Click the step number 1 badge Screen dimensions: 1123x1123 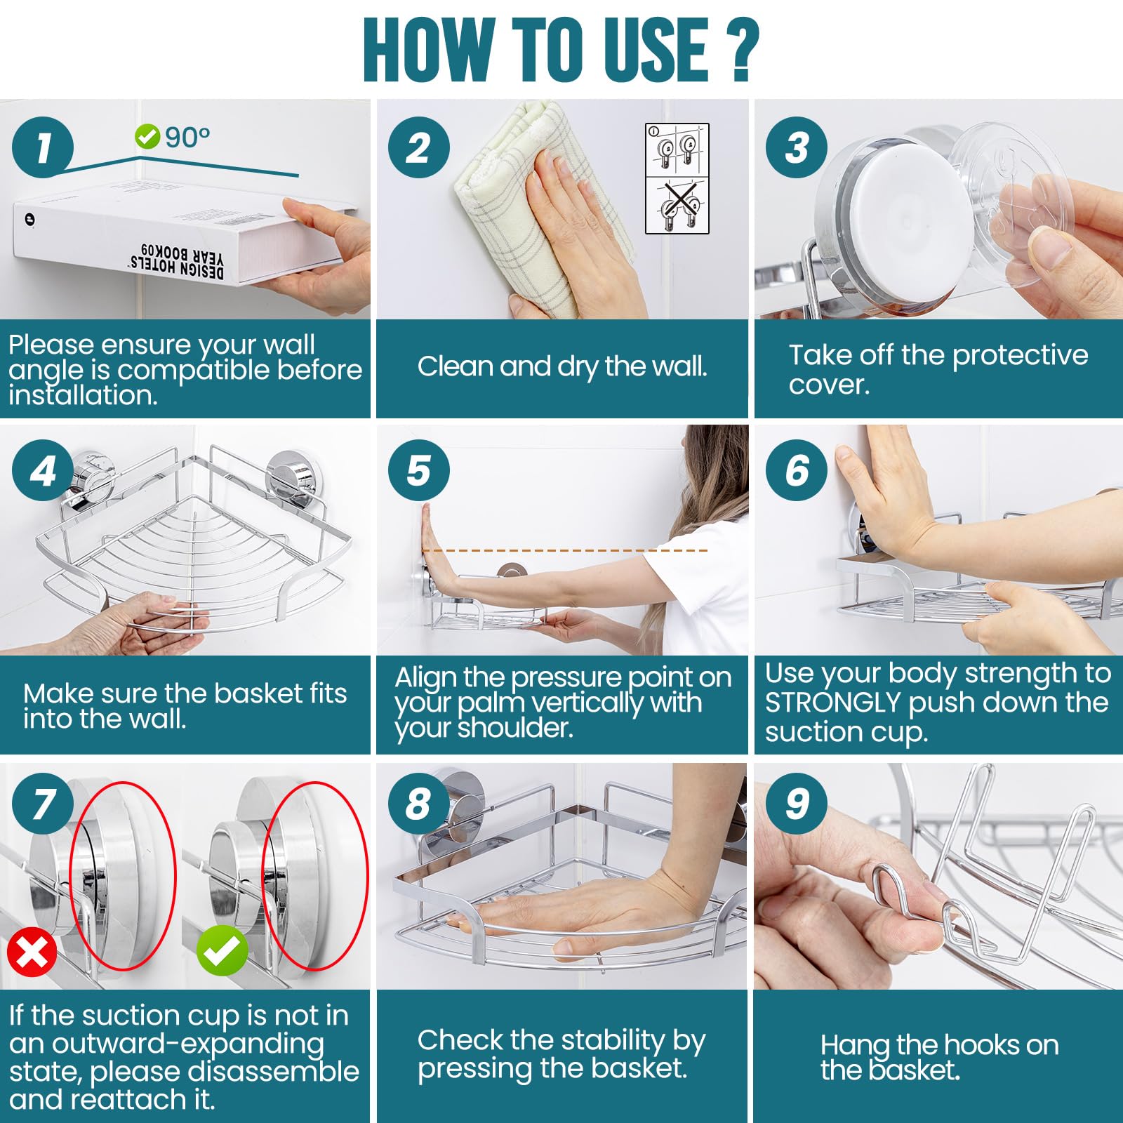point(43,147)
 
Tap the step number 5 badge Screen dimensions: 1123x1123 point(419,470)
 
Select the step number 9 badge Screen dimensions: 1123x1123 point(797,804)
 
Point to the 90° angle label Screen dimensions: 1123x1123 point(187,138)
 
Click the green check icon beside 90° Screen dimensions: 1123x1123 point(147,136)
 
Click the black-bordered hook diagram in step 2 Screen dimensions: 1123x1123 point(677,178)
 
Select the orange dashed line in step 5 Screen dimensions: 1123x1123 point(566,550)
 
